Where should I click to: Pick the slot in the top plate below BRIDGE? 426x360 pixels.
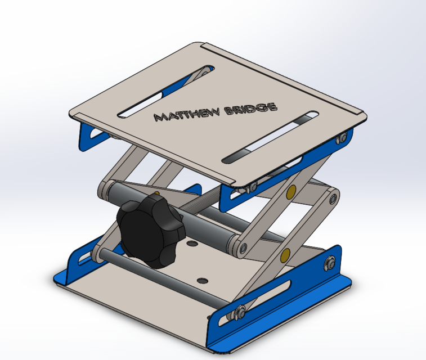tap(270, 138)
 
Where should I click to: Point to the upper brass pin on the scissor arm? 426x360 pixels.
tap(291, 193)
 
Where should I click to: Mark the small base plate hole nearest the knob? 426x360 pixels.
tap(193, 245)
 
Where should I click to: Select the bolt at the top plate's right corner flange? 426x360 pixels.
tap(340, 138)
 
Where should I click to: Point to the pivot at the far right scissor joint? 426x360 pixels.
tap(334, 198)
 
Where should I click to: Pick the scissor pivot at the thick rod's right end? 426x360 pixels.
tap(243, 247)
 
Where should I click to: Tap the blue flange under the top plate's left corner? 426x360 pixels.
tap(88, 134)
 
